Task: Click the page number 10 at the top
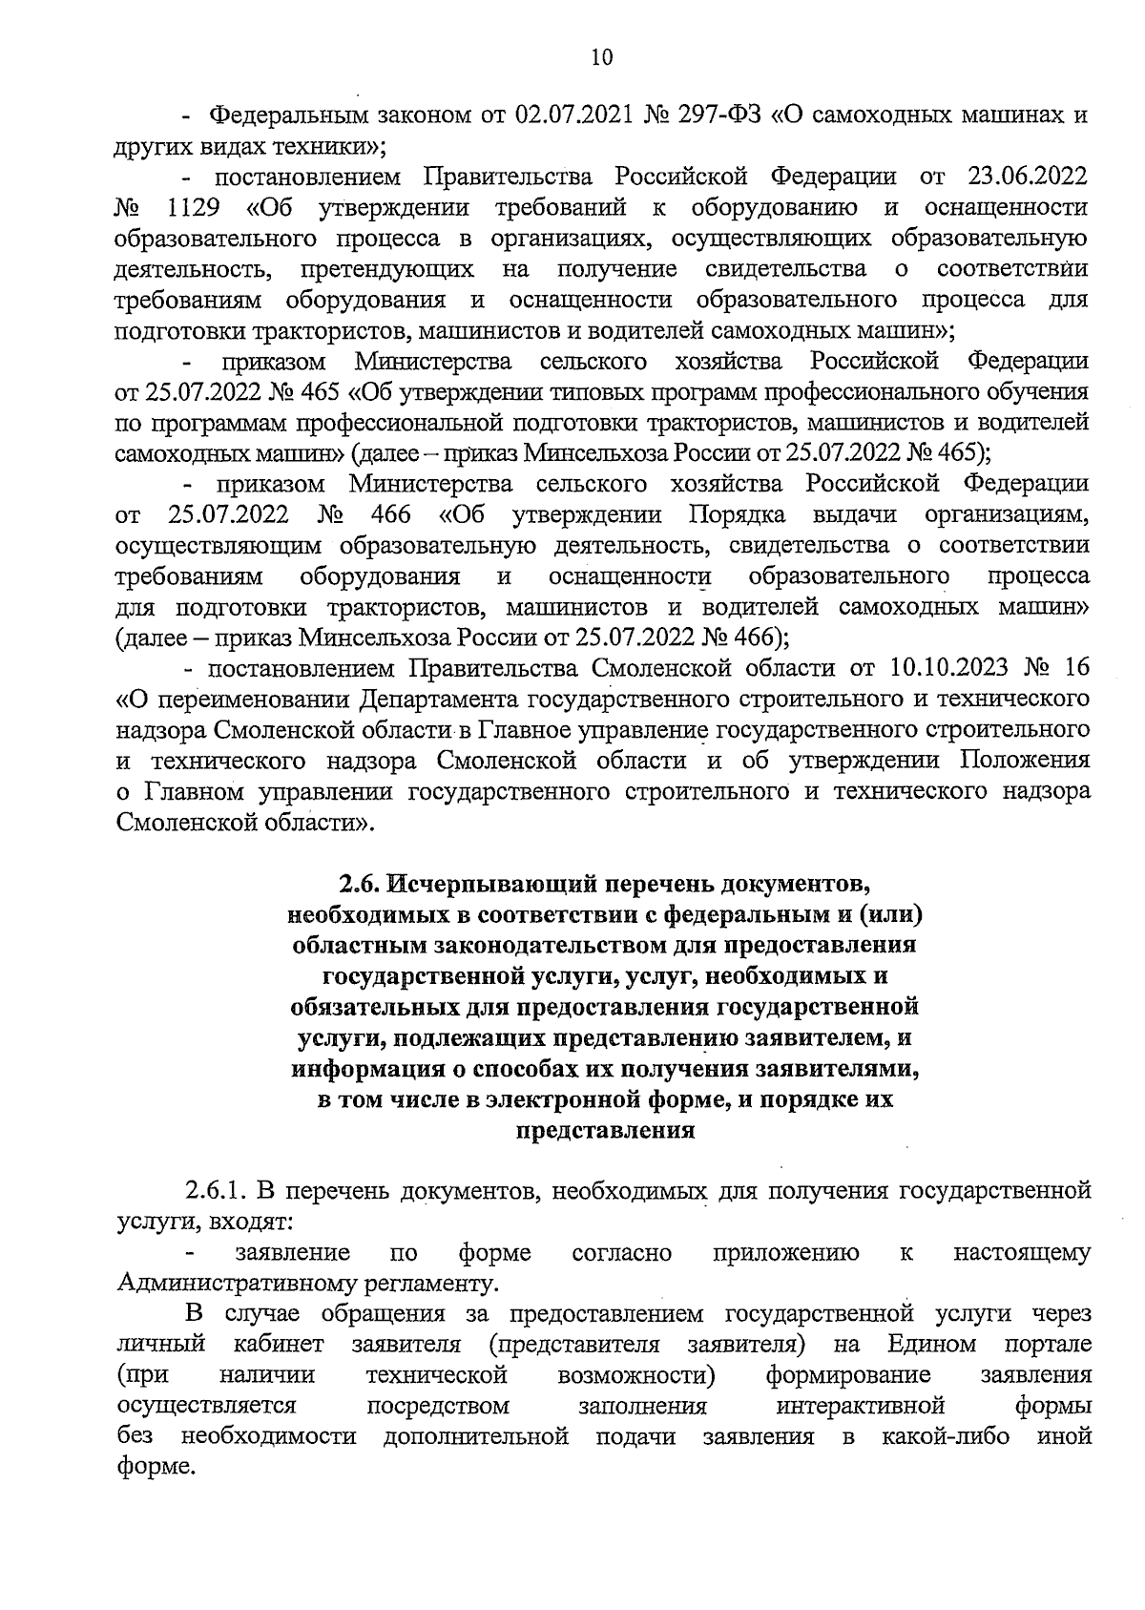click(x=602, y=57)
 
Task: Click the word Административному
click(x=224, y=1283)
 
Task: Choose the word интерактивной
click(x=861, y=1406)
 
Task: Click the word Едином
click(x=931, y=1345)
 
